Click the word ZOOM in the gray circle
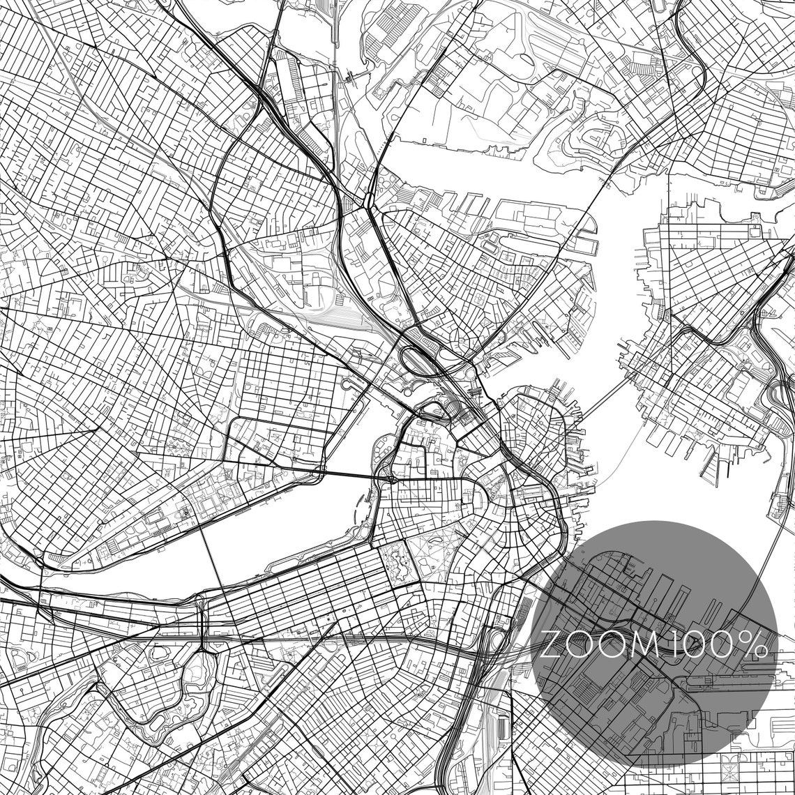click(599, 645)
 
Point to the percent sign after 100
click(755, 645)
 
